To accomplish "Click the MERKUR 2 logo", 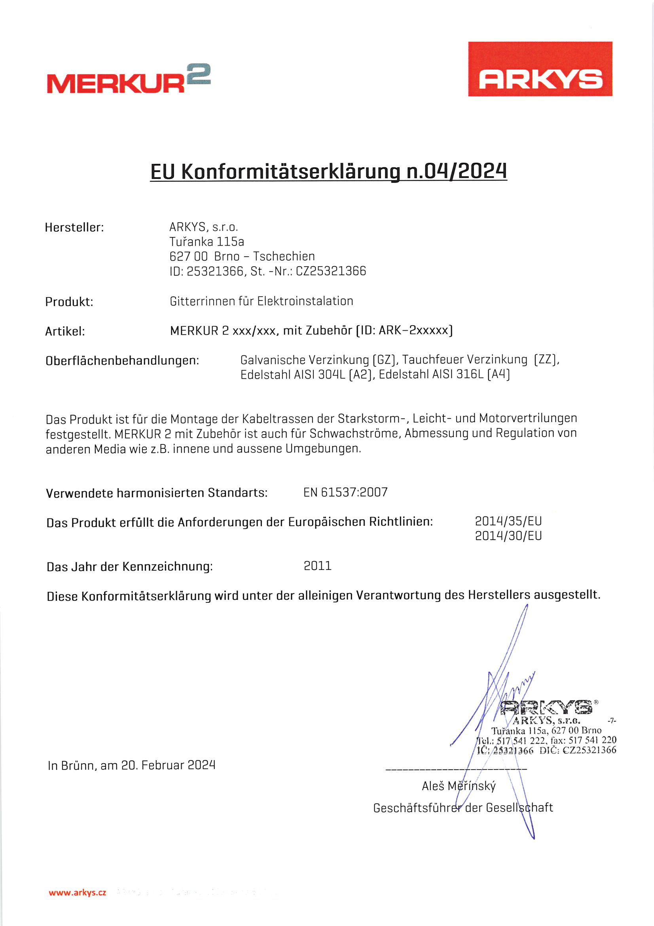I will pyautogui.click(x=129, y=79).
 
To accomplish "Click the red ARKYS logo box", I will pyautogui.click(x=540, y=69).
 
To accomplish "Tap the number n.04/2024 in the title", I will pyautogui.click(x=456, y=171).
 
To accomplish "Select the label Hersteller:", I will pyautogui.click(x=74, y=227).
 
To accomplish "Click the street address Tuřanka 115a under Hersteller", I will pyautogui.click(x=207, y=242).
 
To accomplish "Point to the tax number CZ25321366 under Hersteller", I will pyautogui.click(x=331, y=271).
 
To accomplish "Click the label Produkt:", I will pyautogui.click(x=69, y=302).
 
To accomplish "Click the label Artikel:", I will pyautogui.click(x=65, y=332).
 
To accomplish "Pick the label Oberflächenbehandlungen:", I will pyautogui.click(x=123, y=360).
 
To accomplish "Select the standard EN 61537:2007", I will pyautogui.click(x=345, y=492).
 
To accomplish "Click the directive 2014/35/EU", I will pyautogui.click(x=508, y=521).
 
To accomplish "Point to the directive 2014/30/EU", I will pyautogui.click(x=508, y=536).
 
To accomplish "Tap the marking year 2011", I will pyautogui.click(x=318, y=566).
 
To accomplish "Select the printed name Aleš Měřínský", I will pyautogui.click(x=459, y=786).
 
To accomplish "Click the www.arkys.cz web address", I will pyautogui.click(x=78, y=892).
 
